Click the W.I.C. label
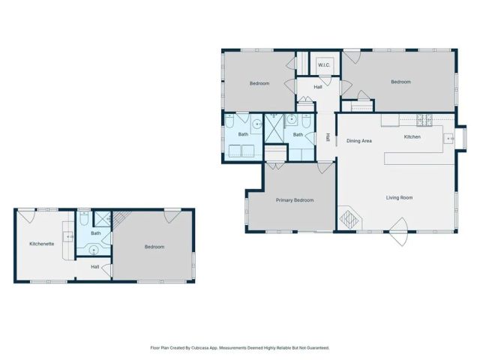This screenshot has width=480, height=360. pyautogui.click(x=324, y=65)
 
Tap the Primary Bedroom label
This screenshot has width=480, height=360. pyautogui.click(x=294, y=200)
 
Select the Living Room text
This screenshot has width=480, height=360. pyautogui.click(x=400, y=198)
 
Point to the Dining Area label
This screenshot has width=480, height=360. pyautogui.click(x=359, y=140)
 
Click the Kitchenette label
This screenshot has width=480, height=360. pyautogui.click(x=42, y=244)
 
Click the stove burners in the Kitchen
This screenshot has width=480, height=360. pyautogui.click(x=424, y=119)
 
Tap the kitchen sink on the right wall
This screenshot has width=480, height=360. pyautogui.click(x=449, y=138)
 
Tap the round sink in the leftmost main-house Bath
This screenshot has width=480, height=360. pyautogui.click(x=256, y=124)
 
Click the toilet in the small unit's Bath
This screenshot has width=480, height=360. pyautogui.click(x=83, y=219)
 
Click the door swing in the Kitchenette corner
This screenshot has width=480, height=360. pyautogui.click(x=25, y=216)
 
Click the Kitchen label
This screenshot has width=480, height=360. pyautogui.click(x=412, y=137)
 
